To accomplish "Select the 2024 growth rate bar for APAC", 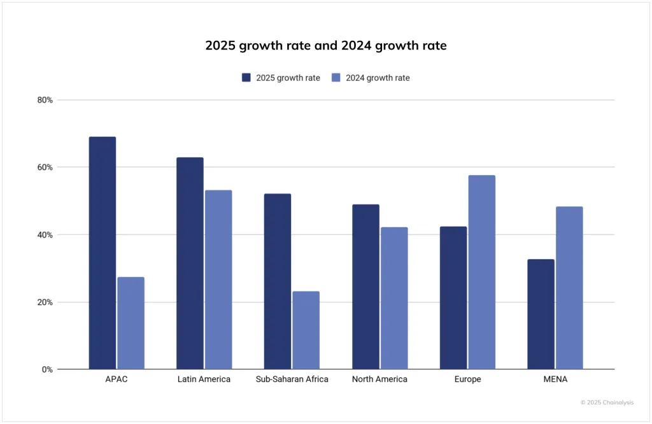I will (x=131, y=323).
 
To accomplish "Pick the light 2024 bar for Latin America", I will (x=218, y=279).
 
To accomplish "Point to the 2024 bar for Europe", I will (x=481, y=272).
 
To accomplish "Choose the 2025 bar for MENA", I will (x=541, y=314).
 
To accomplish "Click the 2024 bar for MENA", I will (x=569, y=288).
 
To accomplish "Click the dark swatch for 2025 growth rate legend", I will (x=246, y=78).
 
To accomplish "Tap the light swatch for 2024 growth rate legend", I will (x=336, y=78).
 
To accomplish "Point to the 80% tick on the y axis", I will (x=45, y=100).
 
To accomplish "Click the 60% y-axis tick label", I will (x=45, y=167).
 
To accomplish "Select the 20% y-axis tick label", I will (x=45, y=302).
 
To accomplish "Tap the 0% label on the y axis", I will (x=47, y=369).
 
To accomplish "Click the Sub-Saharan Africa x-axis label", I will (x=292, y=379).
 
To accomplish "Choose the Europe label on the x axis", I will (x=467, y=379).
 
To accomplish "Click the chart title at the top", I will (x=326, y=46).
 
